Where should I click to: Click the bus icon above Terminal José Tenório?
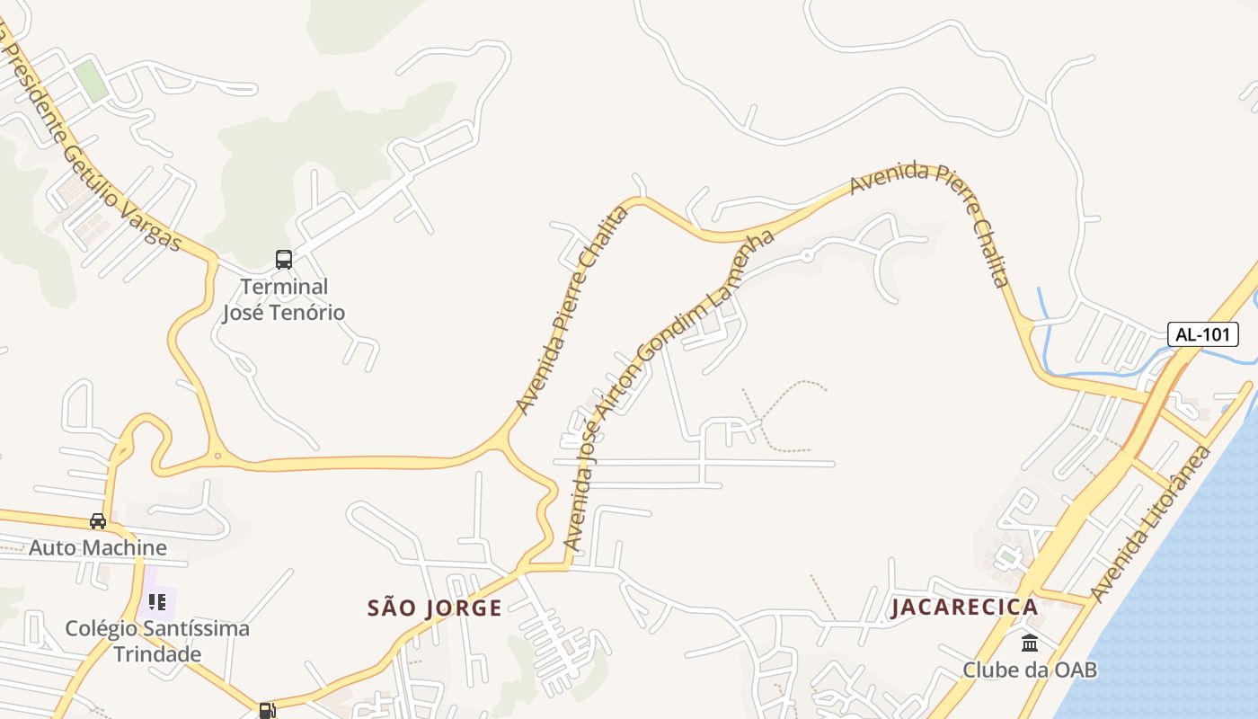[x=284, y=260]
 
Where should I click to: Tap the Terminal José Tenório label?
[x=284, y=299]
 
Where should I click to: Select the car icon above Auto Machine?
[x=98, y=521]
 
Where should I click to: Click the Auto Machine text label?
[x=98, y=547]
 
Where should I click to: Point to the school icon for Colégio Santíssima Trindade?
[x=157, y=601]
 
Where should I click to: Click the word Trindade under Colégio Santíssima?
[x=157, y=653]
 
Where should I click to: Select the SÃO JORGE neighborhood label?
[x=435, y=608]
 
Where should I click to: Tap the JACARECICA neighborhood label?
[x=964, y=607]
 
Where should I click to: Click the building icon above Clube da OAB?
[x=1030, y=644]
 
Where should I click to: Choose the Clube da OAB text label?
[x=1030, y=670]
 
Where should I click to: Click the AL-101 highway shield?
[x=1203, y=334]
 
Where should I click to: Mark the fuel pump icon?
[x=266, y=711]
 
